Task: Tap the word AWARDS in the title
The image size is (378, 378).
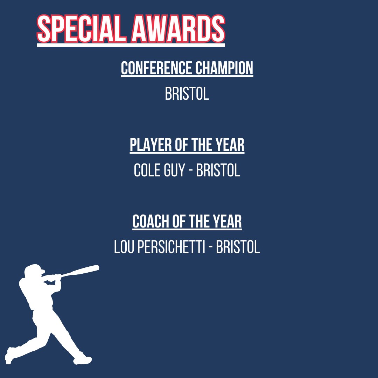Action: point(178,29)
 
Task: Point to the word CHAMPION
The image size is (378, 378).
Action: point(224,68)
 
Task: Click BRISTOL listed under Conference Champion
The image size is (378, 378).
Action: point(187,94)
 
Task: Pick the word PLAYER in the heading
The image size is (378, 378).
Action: point(151,145)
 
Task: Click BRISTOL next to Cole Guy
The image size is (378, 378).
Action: point(218,171)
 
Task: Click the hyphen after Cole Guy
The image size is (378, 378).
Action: point(190,171)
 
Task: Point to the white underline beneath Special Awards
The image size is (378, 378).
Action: point(131,45)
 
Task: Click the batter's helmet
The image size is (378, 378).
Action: point(35,270)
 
